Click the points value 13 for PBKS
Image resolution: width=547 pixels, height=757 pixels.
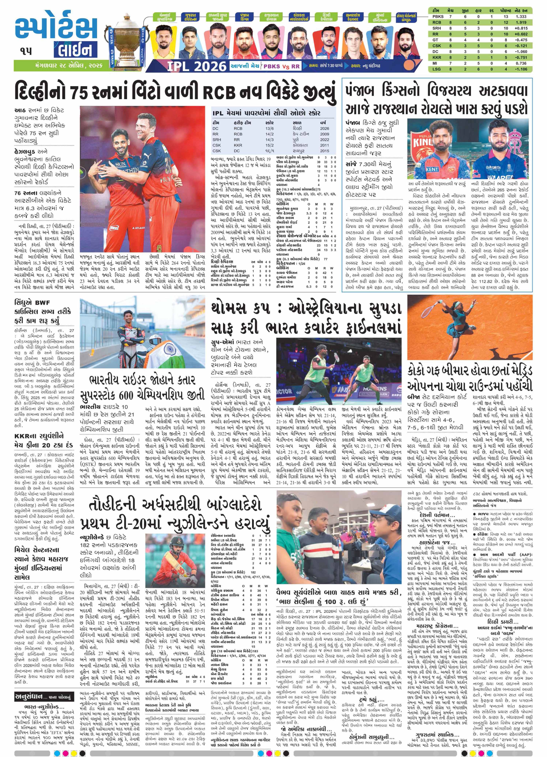point(506,16)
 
